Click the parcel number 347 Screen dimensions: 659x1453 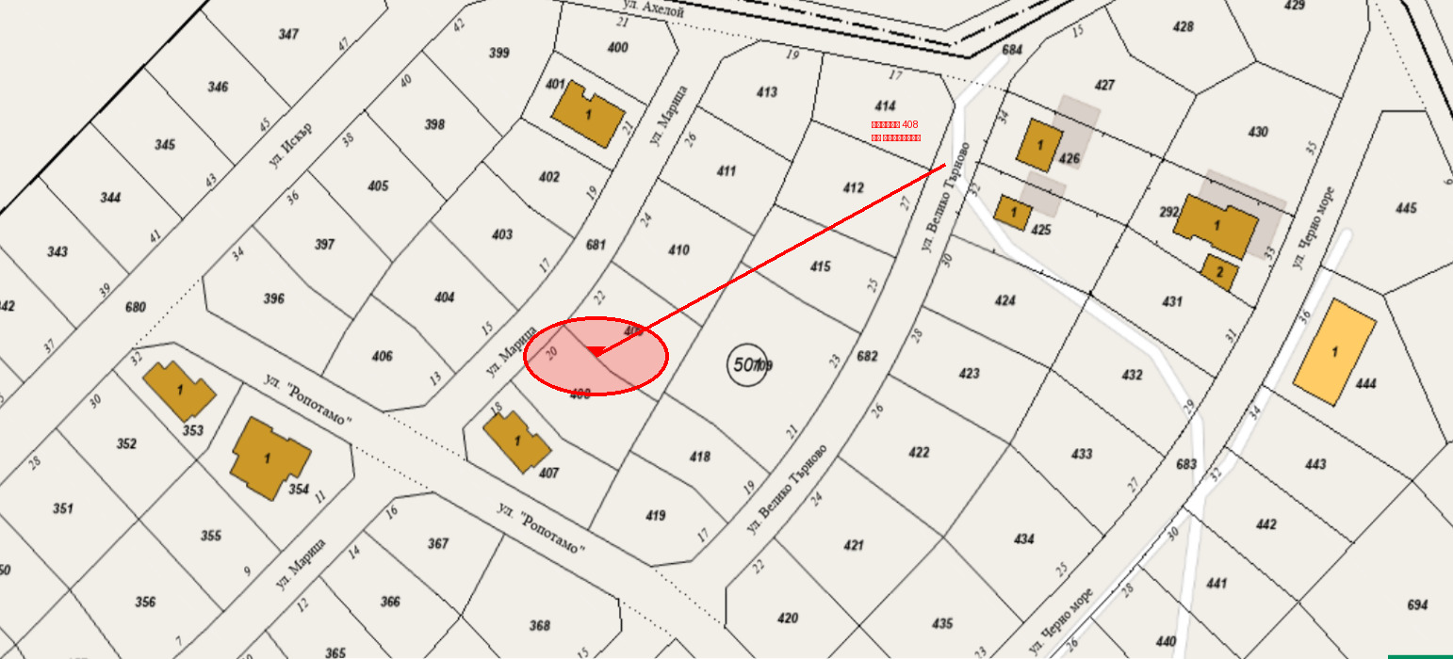pyautogui.click(x=288, y=35)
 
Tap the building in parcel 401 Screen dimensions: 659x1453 pyautogui.click(x=588, y=114)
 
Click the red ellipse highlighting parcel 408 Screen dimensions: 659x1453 pyautogui.click(x=596, y=356)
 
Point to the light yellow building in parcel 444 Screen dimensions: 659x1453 pyautogui.click(x=1334, y=352)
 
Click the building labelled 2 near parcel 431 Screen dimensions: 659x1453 pyautogui.click(x=1219, y=271)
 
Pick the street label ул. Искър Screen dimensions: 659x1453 pyautogui.click(x=289, y=145)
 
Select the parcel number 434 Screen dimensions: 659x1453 pyautogui.click(x=1023, y=539)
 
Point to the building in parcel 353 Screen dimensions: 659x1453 pyautogui.click(x=179, y=391)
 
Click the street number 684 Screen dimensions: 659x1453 pyautogui.click(x=1012, y=50)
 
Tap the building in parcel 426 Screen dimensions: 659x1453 pyautogui.click(x=1040, y=145)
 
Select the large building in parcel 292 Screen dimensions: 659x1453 pyautogui.click(x=1216, y=225)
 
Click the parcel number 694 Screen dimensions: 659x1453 pyautogui.click(x=1416, y=605)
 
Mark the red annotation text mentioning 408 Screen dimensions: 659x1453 pyautogui.click(x=895, y=131)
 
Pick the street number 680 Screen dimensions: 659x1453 pyautogui.click(x=136, y=307)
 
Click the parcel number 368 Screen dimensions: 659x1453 pyautogui.click(x=539, y=626)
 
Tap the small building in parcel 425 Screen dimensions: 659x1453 pyautogui.click(x=1014, y=213)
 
